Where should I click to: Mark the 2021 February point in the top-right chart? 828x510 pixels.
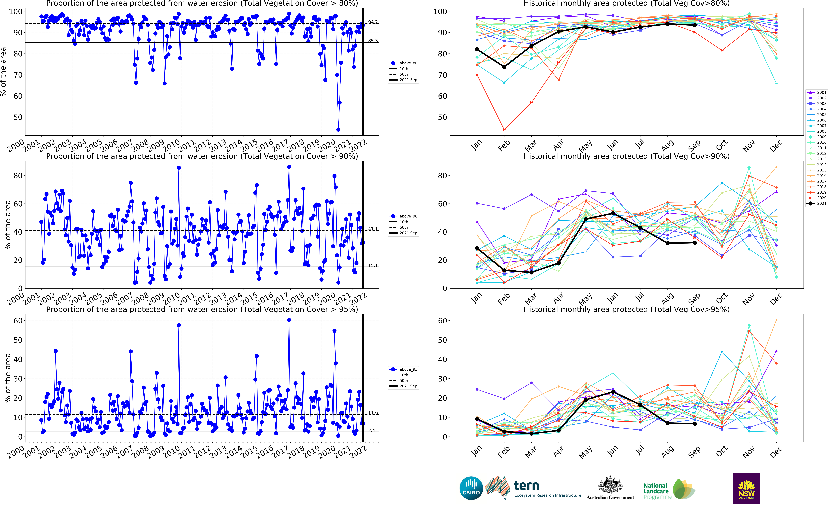504,67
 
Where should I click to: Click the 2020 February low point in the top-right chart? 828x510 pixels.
504,130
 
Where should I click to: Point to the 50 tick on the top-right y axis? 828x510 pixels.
442,117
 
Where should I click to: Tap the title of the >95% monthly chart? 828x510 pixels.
626,309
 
